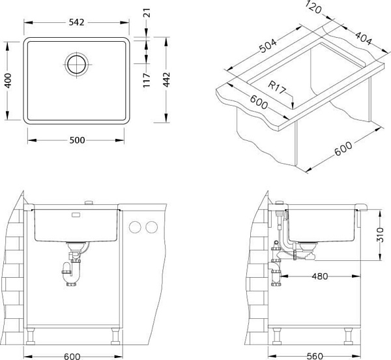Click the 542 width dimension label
(x=76, y=22)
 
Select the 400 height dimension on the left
(x=8, y=80)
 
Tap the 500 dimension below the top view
(x=77, y=140)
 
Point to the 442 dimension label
(x=166, y=80)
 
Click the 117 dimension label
(x=147, y=80)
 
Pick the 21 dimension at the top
(x=147, y=13)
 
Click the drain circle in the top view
(x=77, y=64)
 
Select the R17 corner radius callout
(x=276, y=87)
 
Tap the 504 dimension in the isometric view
(x=268, y=46)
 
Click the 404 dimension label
(x=364, y=38)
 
